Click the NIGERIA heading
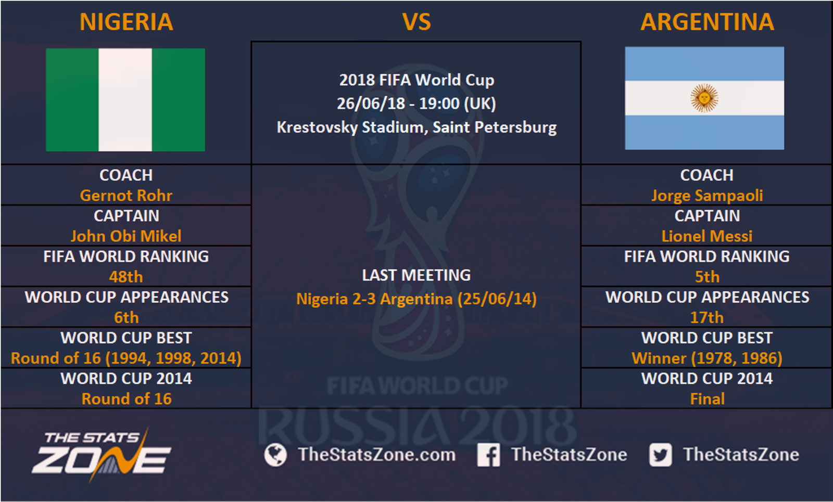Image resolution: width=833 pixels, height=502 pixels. click(x=127, y=22)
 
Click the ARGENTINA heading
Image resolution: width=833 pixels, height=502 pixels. click(x=707, y=22)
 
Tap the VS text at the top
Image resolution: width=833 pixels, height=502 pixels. click(x=416, y=22)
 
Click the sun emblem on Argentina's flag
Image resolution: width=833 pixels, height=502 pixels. click(x=704, y=98)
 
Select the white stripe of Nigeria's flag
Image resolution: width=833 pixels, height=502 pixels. click(x=125, y=99)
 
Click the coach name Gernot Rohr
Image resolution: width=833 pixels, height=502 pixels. click(x=126, y=196)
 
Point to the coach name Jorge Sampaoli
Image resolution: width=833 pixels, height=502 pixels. click(x=707, y=196)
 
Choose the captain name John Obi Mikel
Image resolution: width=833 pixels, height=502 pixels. click(x=126, y=236)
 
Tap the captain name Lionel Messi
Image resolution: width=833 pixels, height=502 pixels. click(x=707, y=236)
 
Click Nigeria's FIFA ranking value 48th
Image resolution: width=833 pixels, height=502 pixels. click(x=126, y=277)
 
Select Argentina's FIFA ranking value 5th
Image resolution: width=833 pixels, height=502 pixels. click(x=707, y=277)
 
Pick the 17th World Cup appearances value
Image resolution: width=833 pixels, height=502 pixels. click(x=707, y=317)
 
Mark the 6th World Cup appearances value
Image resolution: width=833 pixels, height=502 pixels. click(x=126, y=317)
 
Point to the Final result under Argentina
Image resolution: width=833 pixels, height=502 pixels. click(x=707, y=398)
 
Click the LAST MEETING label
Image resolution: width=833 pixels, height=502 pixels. click(x=416, y=275)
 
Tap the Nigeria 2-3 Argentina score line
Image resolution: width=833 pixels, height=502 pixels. click(x=416, y=299)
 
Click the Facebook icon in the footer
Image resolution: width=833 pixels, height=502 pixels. click(x=489, y=455)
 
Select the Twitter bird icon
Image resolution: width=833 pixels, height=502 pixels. click(x=661, y=455)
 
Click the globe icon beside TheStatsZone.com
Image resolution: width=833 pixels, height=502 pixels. click(x=275, y=455)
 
